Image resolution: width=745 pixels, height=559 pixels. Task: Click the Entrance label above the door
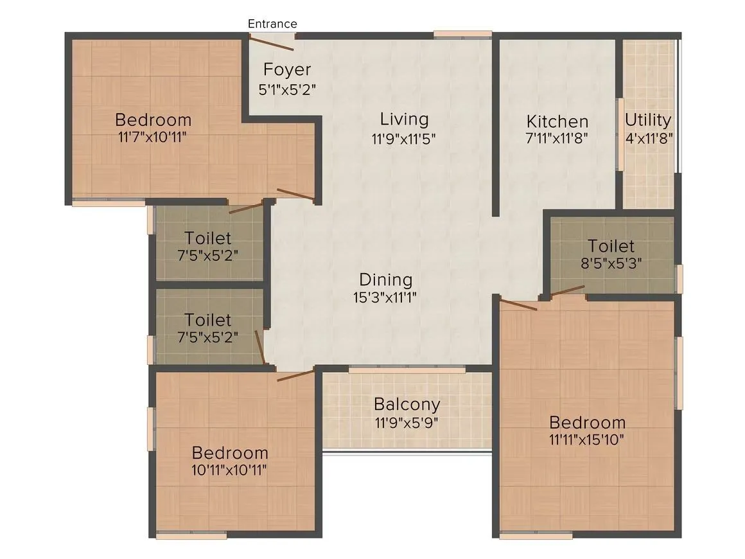pyautogui.click(x=272, y=24)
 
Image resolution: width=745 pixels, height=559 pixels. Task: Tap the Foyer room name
pyautogui.click(x=287, y=69)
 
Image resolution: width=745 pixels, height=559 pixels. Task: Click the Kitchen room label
pyautogui.click(x=557, y=121)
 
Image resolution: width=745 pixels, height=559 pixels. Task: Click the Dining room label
pyautogui.click(x=385, y=280)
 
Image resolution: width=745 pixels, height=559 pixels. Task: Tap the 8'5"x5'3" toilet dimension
pyautogui.click(x=611, y=263)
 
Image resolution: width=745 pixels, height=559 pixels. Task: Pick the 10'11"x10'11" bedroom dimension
pyautogui.click(x=229, y=469)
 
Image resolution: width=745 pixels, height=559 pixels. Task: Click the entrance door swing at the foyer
pyautogui.click(x=272, y=44)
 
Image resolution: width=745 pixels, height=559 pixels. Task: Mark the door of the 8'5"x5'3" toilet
pyautogui.click(x=565, y=291)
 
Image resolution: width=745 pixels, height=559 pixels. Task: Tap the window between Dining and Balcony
pyautogui.click(x=407, y=369)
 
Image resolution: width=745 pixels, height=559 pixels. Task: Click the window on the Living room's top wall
pyautogui.click(x=462, y=34)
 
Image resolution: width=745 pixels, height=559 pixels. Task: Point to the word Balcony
pyautogui.click(x=407, y=405)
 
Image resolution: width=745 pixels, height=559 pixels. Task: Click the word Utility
pyautogui.click(x=648, y=120)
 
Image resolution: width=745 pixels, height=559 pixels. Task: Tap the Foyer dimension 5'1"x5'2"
pyautogui.click(x=287, y=89)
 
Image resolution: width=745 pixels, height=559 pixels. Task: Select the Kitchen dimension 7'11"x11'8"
pyautogui.click(x=557, y=138)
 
